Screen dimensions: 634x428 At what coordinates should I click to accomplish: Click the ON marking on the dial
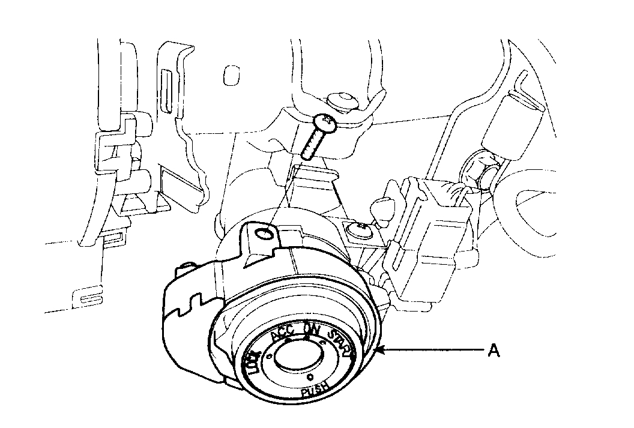(312, 330)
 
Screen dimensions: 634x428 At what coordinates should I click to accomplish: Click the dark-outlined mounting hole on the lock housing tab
(261, 232)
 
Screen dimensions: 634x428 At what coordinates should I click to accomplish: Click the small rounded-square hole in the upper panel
(229, 75)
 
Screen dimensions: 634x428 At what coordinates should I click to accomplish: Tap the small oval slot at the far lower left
(88, 296)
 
